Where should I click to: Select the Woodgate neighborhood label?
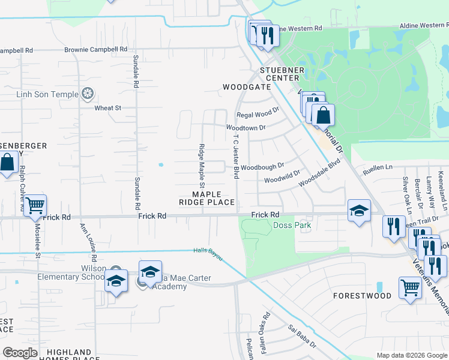[247, 87]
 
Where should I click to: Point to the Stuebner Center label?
[279, 74]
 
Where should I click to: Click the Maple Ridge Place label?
[206, 198]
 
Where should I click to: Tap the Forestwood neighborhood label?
[363, 296]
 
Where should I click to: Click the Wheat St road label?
[108, 108]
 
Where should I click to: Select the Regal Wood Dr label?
[258, 113]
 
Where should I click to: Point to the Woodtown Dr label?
[246, 128]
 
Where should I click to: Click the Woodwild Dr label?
[282, 179]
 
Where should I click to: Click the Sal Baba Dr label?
[302, 337]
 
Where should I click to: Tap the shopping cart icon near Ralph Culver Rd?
[35, 205]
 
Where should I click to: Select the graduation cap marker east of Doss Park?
[359, 211]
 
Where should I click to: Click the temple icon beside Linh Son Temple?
[88, 94]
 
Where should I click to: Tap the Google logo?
[20, 353]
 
